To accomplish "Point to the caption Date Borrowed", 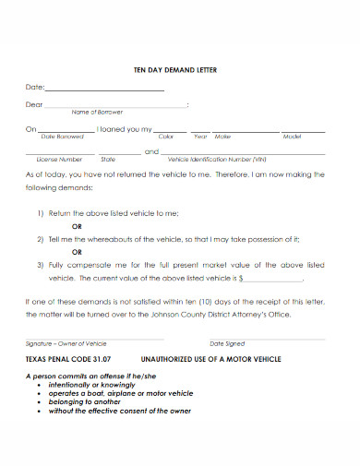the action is pos(62,136).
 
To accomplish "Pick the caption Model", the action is pos(292,136).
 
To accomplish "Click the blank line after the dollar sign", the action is pos(274,277).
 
